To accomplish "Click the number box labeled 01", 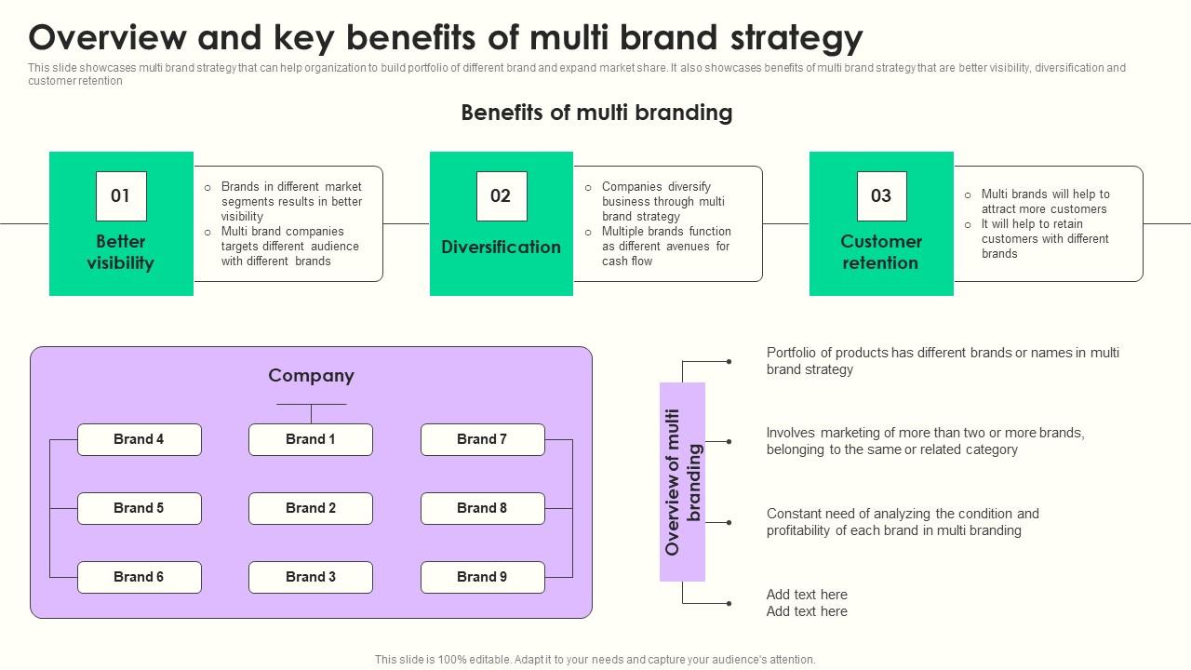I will coord(121,196).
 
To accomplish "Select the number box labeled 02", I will coord(502,196).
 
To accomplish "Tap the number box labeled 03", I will coord(881,196).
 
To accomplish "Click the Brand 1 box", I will coord(311,439).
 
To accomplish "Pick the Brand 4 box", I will coord(140,439).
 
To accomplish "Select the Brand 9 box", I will coord(482,577).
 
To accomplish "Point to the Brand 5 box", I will coord(140,508).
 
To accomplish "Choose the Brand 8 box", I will coord(482,508).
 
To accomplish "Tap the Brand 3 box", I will coord(311,577).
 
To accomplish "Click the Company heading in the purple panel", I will coord(311,376).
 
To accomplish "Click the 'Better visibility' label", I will coord(121,252).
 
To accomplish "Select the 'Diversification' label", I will coord(502,248).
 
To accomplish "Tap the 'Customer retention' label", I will coord(881,252).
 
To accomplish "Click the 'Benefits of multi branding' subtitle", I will coord(596,114).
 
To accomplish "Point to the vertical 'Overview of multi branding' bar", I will coord(682,482).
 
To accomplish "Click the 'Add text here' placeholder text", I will coord(807,603).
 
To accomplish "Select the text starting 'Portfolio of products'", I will coord(942,361).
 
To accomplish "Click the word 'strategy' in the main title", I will coord(796,38).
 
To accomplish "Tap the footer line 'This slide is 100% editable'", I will coord(595,660).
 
